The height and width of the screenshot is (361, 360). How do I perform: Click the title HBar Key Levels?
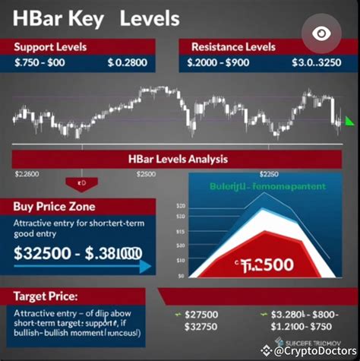(96, 17)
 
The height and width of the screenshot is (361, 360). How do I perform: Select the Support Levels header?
(50, 47)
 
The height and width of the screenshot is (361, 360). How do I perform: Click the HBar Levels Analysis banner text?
(179, 160)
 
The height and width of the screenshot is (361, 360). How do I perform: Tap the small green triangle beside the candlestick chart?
(349, 121)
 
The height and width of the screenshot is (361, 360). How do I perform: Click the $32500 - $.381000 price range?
(76, 254)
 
